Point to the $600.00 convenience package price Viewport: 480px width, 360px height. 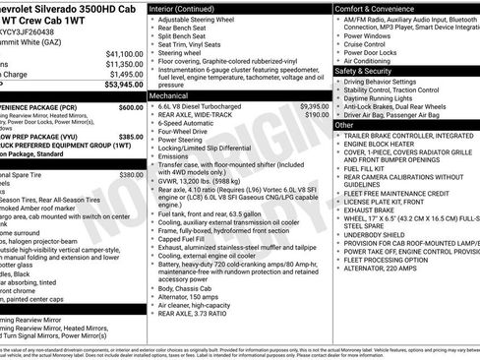[131, 107]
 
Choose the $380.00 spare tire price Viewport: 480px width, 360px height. [131, 175]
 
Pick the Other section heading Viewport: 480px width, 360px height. [344, 125]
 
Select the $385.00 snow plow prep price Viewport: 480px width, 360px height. [131, 138]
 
